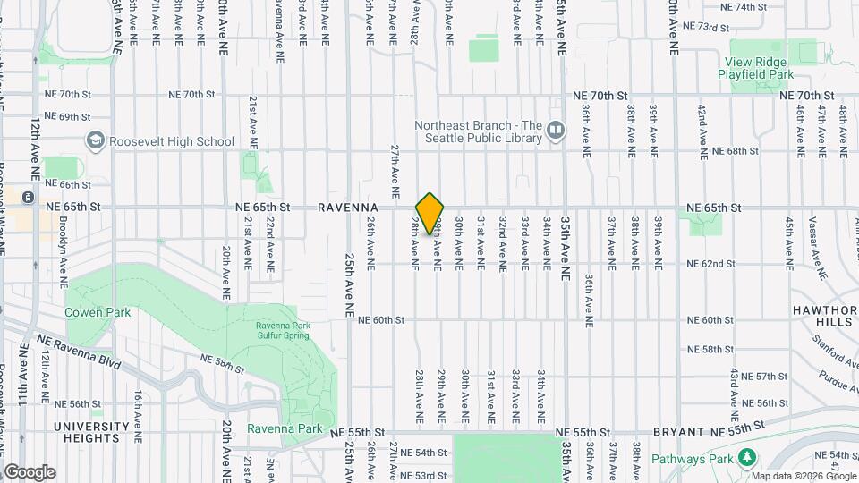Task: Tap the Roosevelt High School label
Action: [171, 141]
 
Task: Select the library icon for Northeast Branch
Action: [556, 131]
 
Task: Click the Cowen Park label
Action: [98, 312]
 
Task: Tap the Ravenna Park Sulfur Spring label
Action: [282, 330]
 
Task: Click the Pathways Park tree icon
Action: [746, 458]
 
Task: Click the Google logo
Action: [30, 472]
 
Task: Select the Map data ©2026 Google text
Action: [804, 475]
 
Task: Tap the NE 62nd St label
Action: [710, 264]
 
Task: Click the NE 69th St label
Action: [68, 117]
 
